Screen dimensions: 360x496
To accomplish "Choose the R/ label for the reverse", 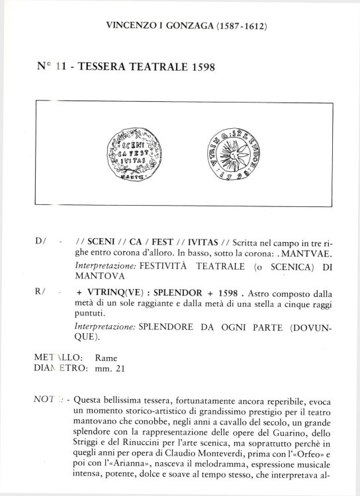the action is (38, 290).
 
